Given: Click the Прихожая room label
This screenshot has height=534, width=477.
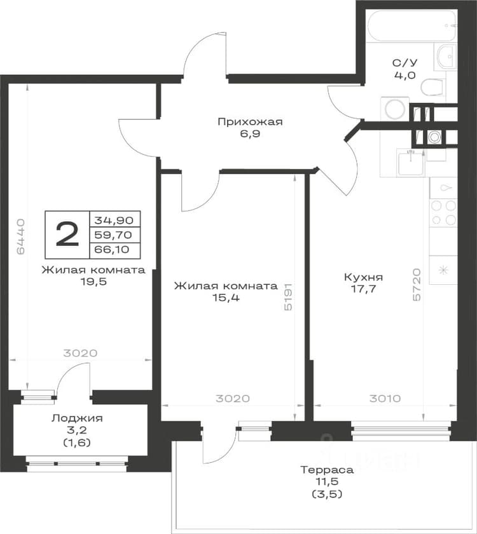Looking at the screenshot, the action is click(x=250, y=122).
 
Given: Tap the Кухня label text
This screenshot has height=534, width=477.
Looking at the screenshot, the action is click(x=363, y=277).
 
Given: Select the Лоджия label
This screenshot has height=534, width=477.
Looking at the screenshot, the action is click(x=77, y=418).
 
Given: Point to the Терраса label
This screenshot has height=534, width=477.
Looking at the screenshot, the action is click(x=327, y=470).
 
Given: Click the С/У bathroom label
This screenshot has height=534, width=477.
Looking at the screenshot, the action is click(x=404, y=63).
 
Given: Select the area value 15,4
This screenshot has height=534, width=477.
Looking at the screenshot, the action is click(x=226, y=298).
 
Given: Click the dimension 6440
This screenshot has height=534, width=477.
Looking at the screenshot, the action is click(x=21, y=236).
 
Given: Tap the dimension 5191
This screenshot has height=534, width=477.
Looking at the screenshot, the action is click(x=288, y=297).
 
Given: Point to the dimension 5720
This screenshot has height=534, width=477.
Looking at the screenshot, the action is click(x=417, y=285).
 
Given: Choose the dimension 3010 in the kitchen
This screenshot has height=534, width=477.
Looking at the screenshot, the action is click(x=385, y=398).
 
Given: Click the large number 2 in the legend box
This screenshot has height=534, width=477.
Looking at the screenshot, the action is click(x=67, y=234).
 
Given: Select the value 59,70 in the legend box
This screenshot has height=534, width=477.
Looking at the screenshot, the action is click(x=113, y=235).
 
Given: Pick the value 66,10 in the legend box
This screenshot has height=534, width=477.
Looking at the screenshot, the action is click(x=112, y=249).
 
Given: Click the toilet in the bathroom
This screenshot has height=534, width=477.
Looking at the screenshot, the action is click(x=432, y=88).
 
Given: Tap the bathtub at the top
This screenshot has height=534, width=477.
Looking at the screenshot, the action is click(x=412, y=26).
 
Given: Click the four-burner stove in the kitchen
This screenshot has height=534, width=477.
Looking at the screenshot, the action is click(x=443, y=213).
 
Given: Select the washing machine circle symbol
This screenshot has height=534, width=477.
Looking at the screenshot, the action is click(x=395, y=109).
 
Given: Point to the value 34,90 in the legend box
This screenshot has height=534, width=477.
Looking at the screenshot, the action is click(x=113, y=220).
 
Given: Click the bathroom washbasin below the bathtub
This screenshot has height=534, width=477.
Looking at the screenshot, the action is click(x=446, y=56).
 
